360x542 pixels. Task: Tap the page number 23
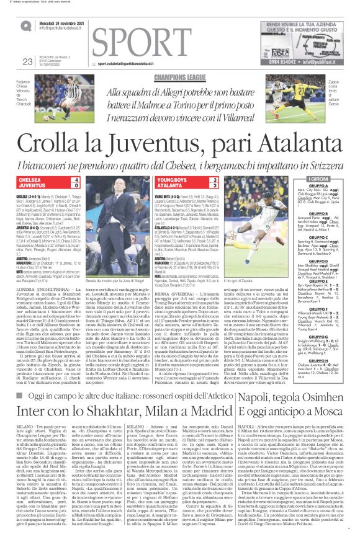(x=27, y=61)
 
